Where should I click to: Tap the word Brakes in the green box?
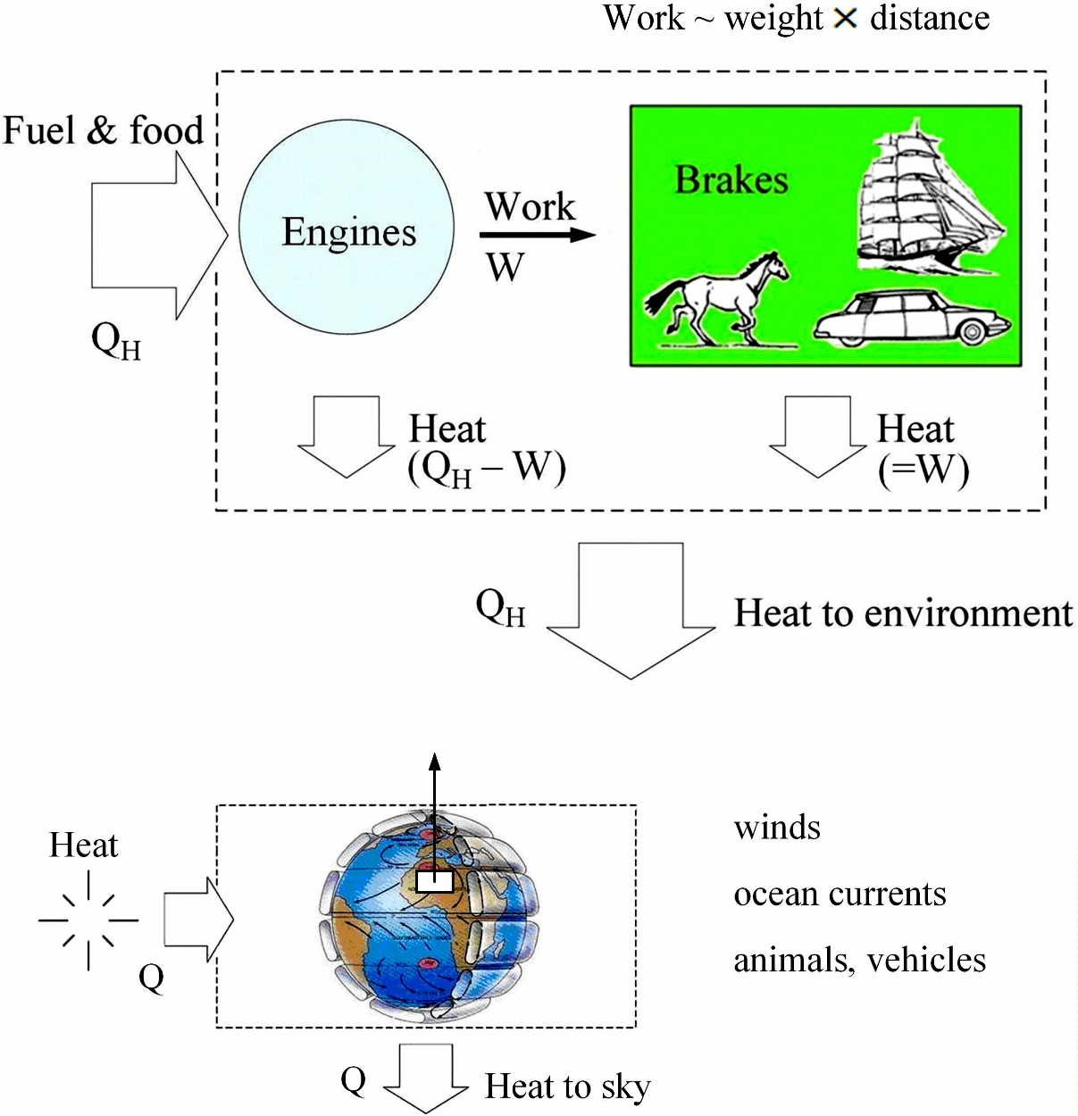coord(731,179)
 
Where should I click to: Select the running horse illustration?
coord(720,299)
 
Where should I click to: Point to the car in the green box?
coord(911,320)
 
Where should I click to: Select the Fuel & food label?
coord(104,130)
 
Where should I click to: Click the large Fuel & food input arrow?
coord(152,236)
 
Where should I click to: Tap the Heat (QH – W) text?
coord(487,449)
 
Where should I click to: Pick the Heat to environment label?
coord(903,613)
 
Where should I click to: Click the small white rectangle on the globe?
coord(435,881)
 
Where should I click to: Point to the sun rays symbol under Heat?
coord(88,920)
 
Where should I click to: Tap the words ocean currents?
coord(840,894)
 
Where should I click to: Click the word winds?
coord(777,828)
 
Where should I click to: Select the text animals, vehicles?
coord(859,960)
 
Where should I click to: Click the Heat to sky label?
coord(567,1087)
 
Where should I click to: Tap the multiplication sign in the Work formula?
coord(845,19)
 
